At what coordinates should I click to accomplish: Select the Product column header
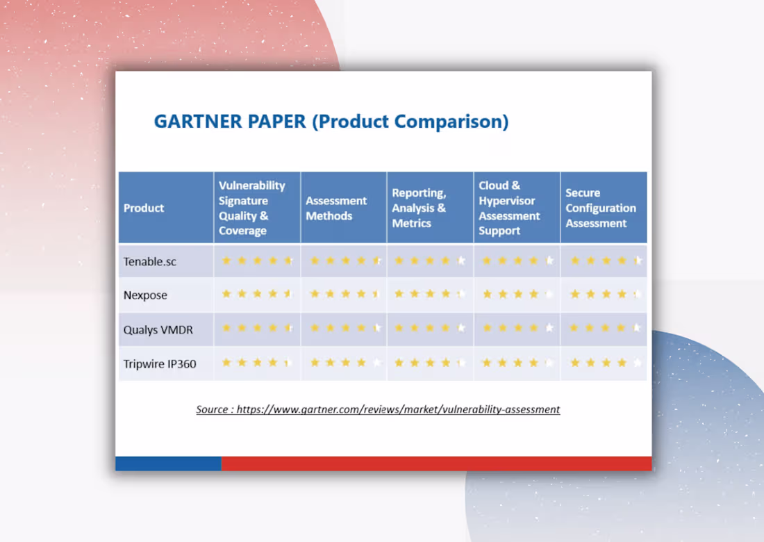coord(144,208)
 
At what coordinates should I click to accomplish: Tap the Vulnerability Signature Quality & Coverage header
coord(252,208)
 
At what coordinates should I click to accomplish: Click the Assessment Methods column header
coord(336,208)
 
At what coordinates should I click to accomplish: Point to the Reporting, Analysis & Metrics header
coord(419,208)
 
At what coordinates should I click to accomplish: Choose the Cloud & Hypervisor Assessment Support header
coord(509,208)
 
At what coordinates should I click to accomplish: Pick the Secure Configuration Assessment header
coord(600,208)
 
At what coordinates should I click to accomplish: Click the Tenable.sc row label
coord(150,261)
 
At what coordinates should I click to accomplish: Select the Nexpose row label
coord(145,295)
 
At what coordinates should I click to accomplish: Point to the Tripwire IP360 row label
coord(160,363)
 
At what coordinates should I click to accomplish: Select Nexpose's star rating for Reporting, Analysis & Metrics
coord(430,294)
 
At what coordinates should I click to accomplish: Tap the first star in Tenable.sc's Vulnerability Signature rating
coord(226,261)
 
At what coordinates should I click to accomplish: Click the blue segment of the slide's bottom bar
coord(168,463)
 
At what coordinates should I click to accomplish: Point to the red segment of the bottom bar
coord(436,463)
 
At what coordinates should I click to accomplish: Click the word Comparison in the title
coord(448,122)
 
